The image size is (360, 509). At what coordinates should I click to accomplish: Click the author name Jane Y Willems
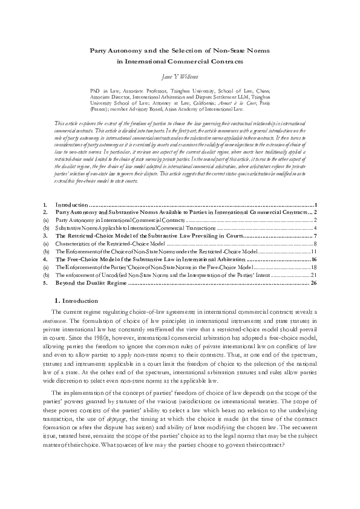pos(180,77)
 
